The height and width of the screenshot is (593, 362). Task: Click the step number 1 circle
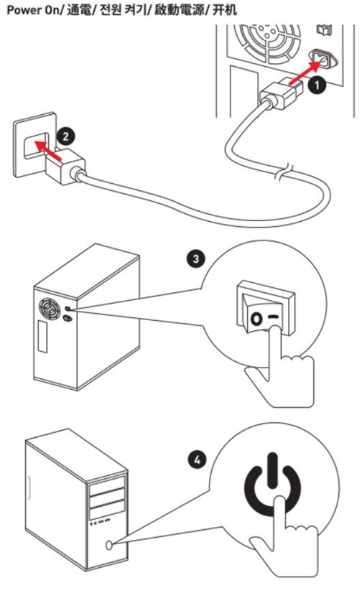tap(317, 85)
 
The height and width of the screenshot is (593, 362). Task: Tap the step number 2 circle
tap(66, 136)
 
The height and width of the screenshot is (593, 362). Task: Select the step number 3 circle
tap(196, 259)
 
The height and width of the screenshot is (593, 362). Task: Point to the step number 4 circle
tap(197, 460)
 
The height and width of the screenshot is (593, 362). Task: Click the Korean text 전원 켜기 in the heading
tap(121, 9)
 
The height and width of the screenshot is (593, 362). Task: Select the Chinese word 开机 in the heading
tap(225, 9)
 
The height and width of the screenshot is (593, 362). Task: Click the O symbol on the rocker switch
tap(256, 319)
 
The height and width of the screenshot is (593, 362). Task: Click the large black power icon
tap(273, 485)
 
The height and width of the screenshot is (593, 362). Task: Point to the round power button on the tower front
tap(109, 545)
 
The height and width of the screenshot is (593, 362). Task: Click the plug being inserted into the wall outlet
tap(65, 166)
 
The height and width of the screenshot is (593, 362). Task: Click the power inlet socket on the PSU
tap(323, 60)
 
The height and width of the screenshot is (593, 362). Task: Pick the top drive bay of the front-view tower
tap(107, 485)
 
